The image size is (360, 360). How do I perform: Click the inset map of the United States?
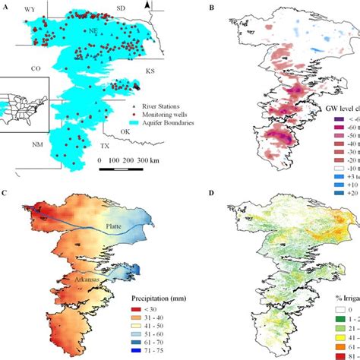click(24, 102)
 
